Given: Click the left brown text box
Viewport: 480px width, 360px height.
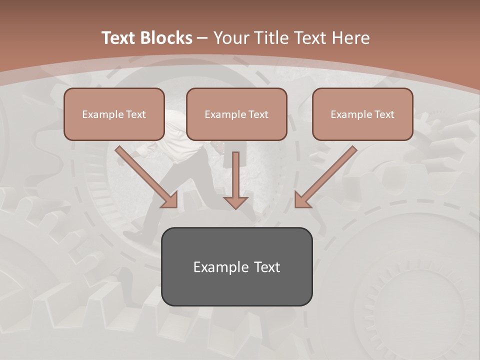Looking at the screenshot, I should tap(114, 114).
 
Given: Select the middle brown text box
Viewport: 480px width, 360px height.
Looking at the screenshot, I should tap(236, 114).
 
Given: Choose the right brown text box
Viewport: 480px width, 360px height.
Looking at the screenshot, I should tap(362, 114).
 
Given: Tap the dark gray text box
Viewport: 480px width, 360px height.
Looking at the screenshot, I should tap(236, 266).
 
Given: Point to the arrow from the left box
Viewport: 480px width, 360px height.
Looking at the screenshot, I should tap(145, 176).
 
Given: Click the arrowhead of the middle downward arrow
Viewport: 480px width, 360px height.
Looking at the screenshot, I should tap(235, 202).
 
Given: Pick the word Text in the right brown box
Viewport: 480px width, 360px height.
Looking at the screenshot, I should tap(384, 114).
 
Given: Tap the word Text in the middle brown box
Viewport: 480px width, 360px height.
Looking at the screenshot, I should tap(258, 114).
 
